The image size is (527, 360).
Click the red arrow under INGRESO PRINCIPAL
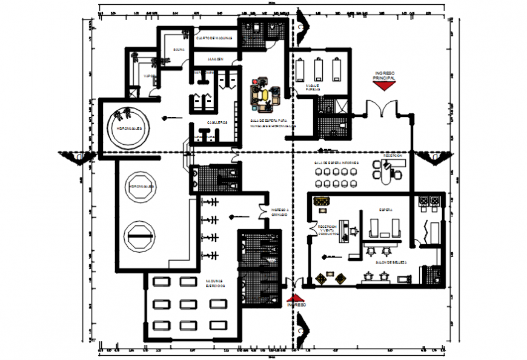(385, 86)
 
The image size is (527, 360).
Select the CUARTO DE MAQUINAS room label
(214, 38)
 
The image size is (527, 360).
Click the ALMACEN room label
(215, 59)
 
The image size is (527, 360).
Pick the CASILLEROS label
(217, 122)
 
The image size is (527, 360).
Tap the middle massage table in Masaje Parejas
(320, 68)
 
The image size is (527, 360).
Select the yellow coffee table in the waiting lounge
(265, 94)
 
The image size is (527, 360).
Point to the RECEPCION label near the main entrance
(393, 156)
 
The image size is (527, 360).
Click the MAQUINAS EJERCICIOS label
(216, 285)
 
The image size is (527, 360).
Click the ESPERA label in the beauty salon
(386, 210)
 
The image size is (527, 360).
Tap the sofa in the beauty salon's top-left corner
(320, 201)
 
